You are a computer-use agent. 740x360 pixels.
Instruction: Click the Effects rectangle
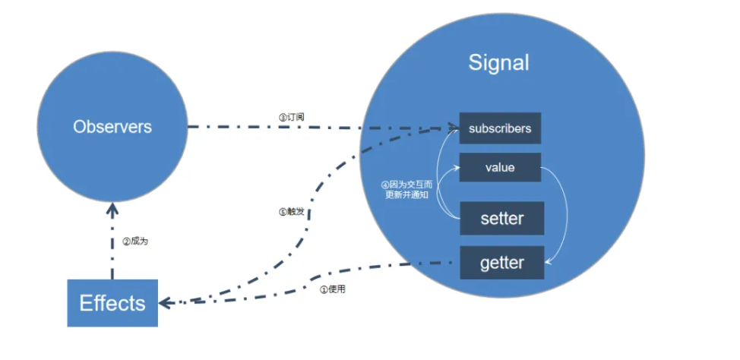[x=112, y=303]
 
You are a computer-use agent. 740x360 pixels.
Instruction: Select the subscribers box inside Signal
[x=500, y=128]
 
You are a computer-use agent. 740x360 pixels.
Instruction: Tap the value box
[x=500, y=167]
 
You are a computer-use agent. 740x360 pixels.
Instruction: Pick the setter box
[x=501, y=219]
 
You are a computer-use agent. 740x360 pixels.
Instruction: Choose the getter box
[x=501, y=263]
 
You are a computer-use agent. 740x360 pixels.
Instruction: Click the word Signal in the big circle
[x=498, y=62]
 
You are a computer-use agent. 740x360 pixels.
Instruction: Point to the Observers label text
[x=112, y=127]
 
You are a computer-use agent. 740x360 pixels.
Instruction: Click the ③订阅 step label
[x=292, y=117]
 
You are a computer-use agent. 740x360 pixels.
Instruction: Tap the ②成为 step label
[x=135, y=242]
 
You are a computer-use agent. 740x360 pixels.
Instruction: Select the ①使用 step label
[x=333, y=289]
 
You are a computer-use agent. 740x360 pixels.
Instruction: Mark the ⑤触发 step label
[x=292, y=212]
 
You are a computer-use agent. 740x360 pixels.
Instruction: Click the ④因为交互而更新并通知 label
[x=406, y=190]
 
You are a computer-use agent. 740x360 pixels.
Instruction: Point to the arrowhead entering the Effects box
[x=164, y=303]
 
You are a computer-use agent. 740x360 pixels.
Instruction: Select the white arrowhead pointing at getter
[x=550, y=262]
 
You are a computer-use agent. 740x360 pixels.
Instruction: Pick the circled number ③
[x=282, y=117]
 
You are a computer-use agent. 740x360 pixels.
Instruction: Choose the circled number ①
[x=323, y=289]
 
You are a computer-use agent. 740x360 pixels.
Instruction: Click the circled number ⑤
[x=282, y=212]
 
